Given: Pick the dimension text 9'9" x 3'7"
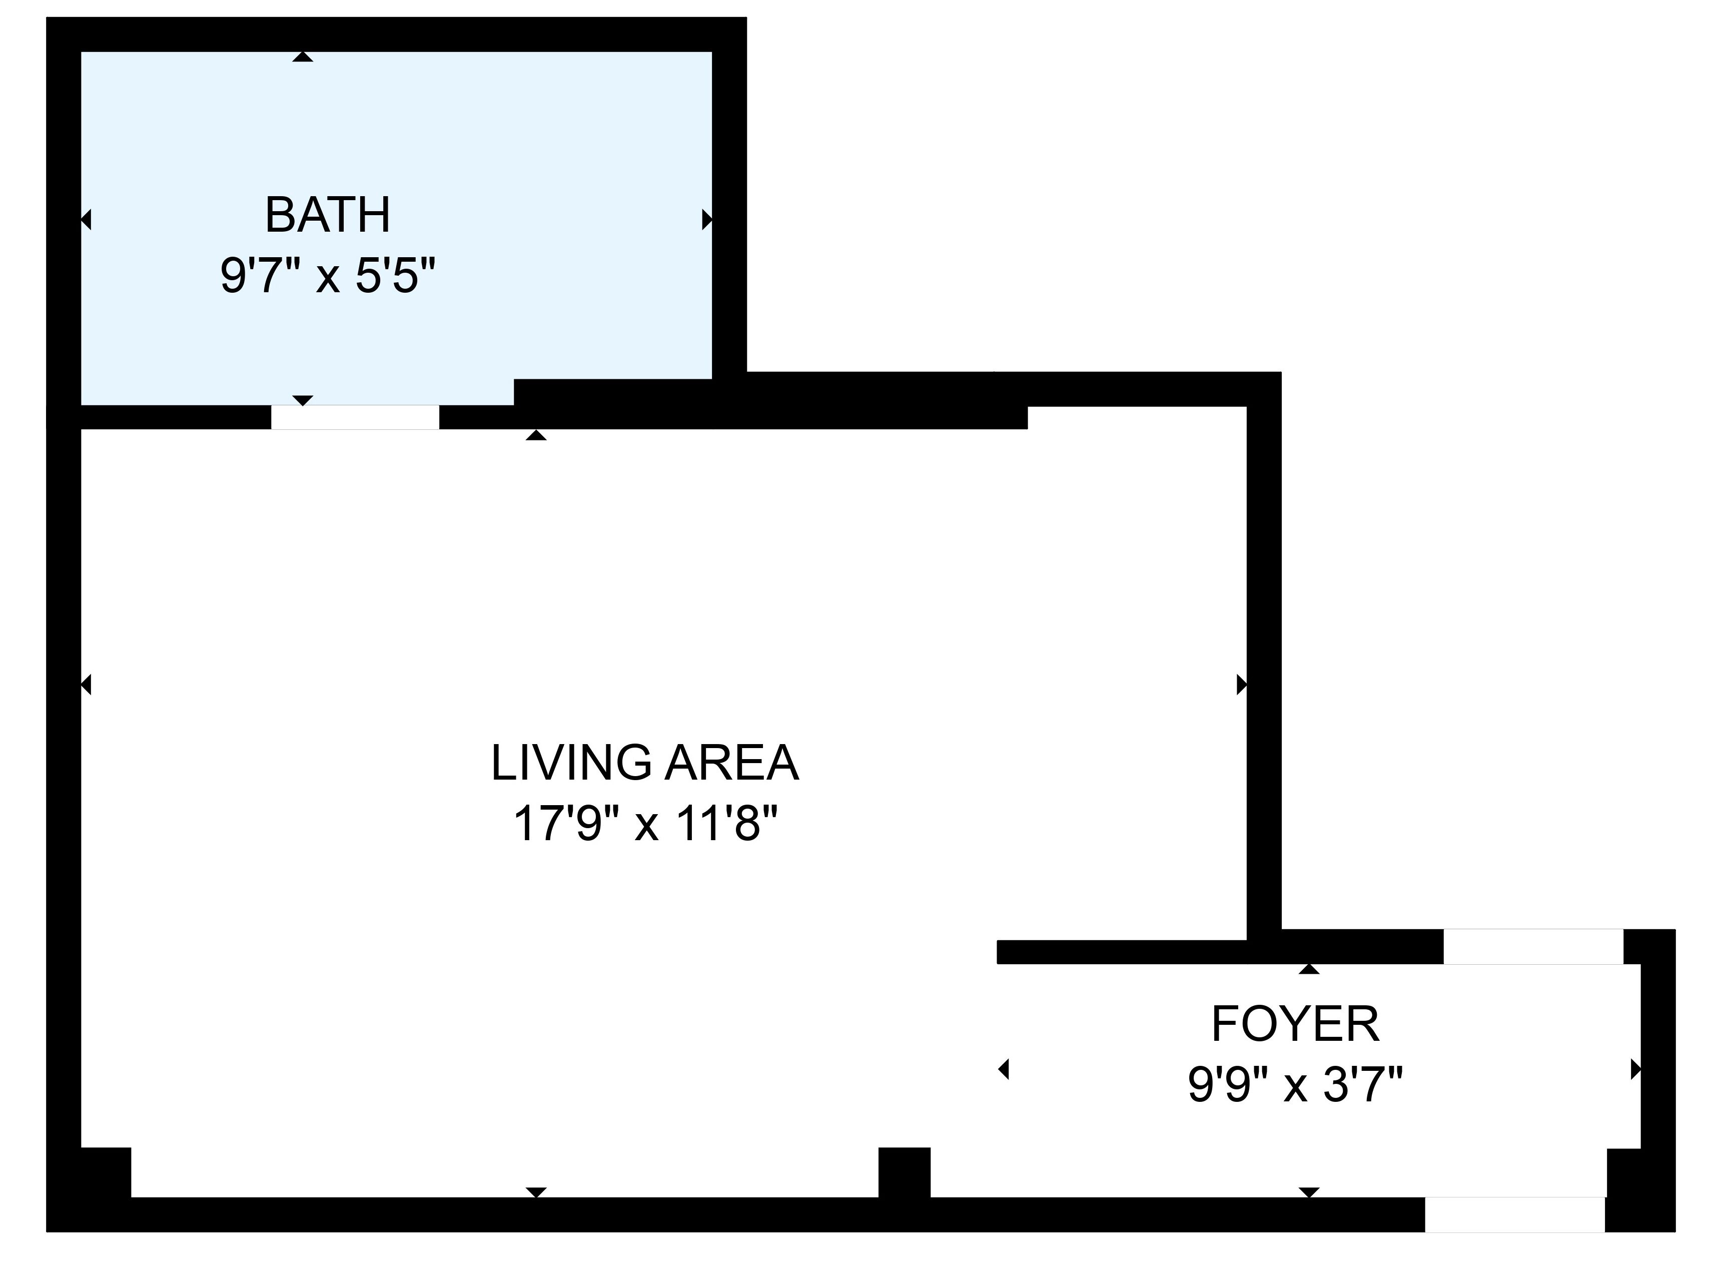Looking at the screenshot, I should point(1295,1085).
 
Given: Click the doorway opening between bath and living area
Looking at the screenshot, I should point(355,417).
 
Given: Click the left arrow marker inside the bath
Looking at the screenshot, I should point(86,220).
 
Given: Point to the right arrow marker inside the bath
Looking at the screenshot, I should point(706,220).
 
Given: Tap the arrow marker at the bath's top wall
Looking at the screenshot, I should point(303,57).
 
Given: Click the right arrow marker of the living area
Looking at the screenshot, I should point(1241,685).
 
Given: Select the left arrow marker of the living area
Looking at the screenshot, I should point(86,685).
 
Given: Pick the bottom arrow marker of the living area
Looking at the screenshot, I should point(536,1192).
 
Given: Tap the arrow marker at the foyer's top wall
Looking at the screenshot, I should point(1309,969).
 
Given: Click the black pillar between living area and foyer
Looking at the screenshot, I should point(904,1173).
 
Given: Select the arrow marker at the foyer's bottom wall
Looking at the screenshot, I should point(1309,1192).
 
